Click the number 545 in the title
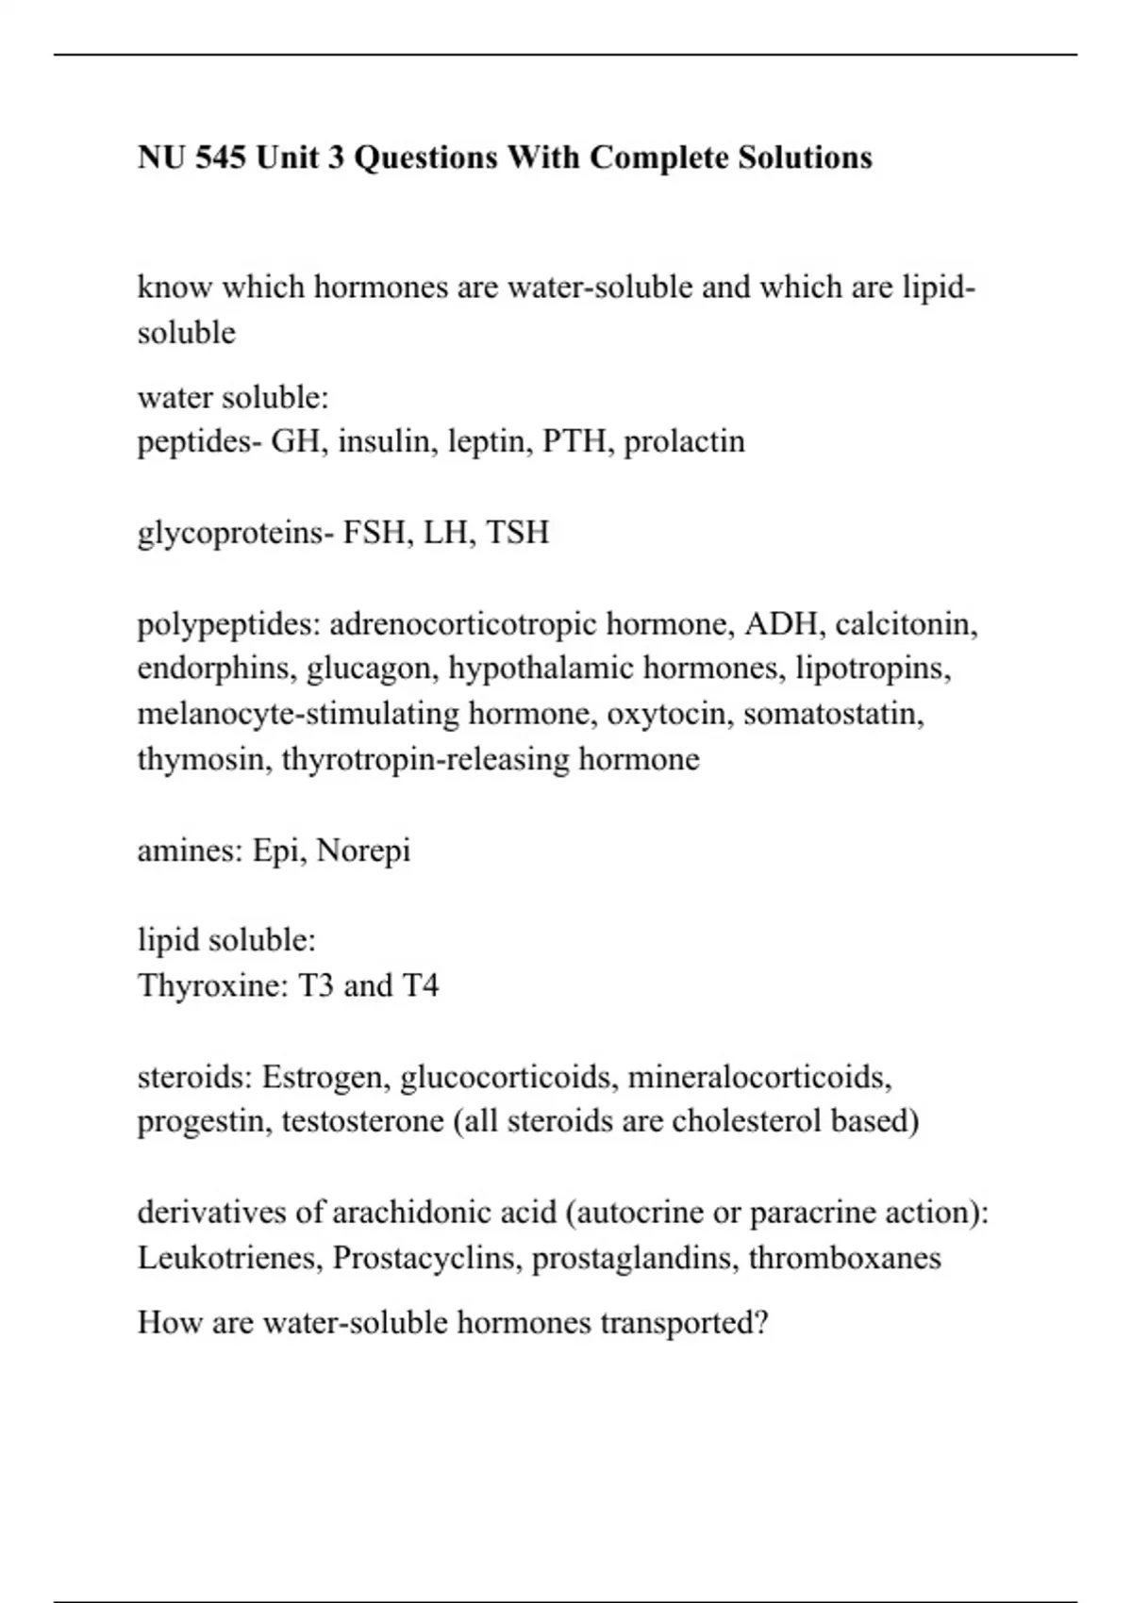pyautogui.click(x=222, y=157)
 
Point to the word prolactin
pyautogui.click(x=684, y=441)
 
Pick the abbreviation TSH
pyautogui.click(x=518, y=533)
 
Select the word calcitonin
pyautogui.click(x=906, y=624)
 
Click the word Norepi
pyautogui.click(x=364, y=851)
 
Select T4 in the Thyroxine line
pyautogui.click(x=421, y=986)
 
